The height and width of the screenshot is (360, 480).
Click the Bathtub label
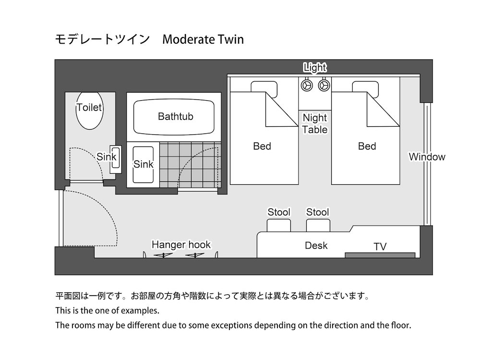tap(175, 116)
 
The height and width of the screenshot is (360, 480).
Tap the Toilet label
tap(89, 108)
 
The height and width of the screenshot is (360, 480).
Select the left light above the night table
tap(307, 85)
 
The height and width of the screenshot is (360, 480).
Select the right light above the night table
tap(324, 85)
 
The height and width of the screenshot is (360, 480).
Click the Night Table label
tap(315, 124)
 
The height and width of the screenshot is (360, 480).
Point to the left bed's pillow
tap(264, 89)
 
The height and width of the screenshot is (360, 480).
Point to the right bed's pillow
tap(365, 89)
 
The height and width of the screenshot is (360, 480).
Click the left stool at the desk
tap(278, 225)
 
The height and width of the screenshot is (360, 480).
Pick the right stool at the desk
tap(318, 225)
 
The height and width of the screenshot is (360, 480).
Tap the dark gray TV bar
tap(380, 255)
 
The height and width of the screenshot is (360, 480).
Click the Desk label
tap(316, 245)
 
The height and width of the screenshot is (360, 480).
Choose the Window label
tap(427, 157)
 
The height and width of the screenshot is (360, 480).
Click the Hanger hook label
tap(181, 245)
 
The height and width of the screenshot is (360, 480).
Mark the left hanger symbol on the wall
tap(163, 255)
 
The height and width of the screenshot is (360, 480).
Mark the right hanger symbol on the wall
tap(195, 255)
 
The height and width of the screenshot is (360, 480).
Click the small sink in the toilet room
tap(115, 159)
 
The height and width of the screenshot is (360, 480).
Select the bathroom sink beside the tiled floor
tap(143, 165)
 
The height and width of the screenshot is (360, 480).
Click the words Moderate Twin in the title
tap(203, 39)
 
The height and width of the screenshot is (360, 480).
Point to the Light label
tap(315, 67)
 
